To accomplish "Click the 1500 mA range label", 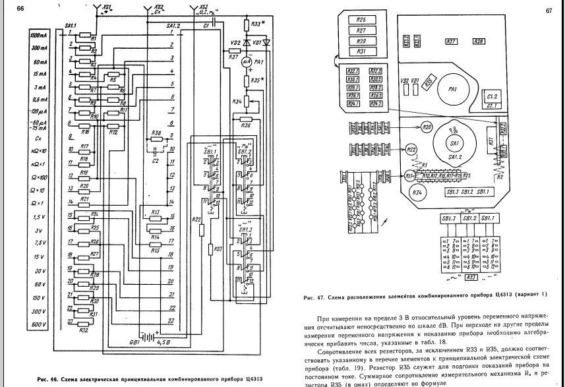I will [x=39, y=34].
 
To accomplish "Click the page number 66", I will [x=20, y=9].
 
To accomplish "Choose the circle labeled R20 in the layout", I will [x=427, y=127].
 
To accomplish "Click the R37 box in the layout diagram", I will [x=452, y=42].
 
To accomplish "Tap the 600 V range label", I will [x=39, y=324].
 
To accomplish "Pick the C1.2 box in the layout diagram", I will [x=492, y=97].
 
